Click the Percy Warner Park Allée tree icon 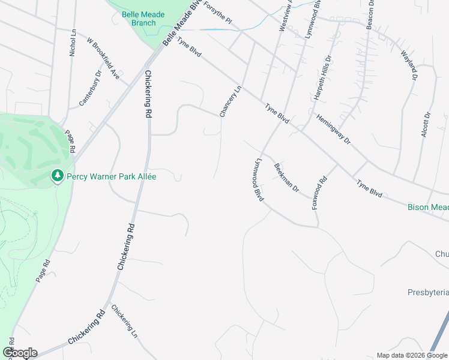[x=58, y=176]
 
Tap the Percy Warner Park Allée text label [x=111, y=177]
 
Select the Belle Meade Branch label [x=139, y=19]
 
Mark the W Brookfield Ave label [x=103, y=59]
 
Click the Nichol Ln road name [x=73, y=43]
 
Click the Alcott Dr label [x=426, y=125]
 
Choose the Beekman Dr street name [x=286, y=178]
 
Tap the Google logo [x=19, y=353]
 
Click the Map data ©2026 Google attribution [x=412, y=355]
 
